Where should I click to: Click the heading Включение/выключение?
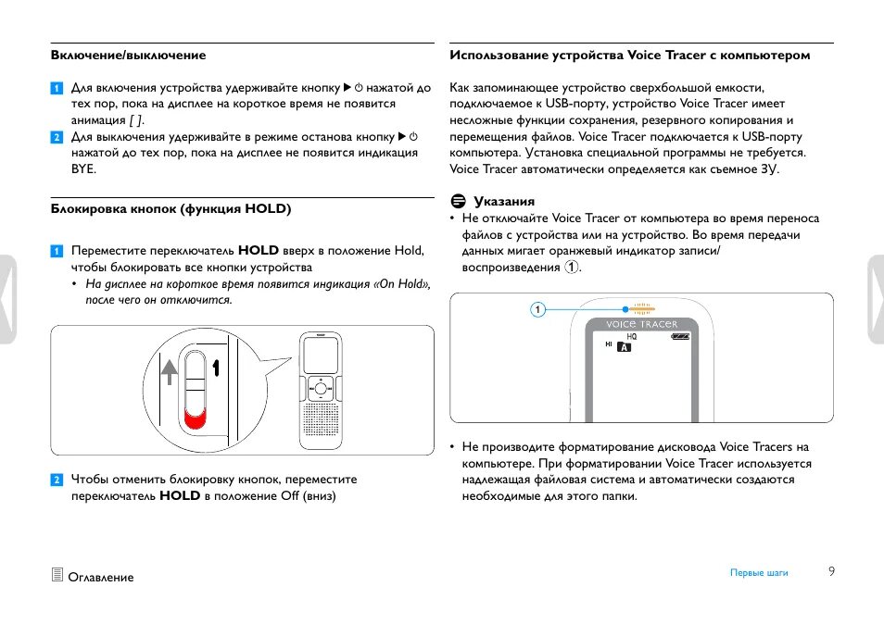[x=129, y=56]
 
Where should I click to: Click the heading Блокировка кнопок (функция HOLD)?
[x=171, y=209]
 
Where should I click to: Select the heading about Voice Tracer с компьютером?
[x=629, y=56]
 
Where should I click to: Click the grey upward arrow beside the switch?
[x=170, y=372]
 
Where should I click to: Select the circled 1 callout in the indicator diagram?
[x=537, y=309]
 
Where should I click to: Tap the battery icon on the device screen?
[x=681, y=337]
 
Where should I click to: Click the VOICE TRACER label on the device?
[x=641, y=325]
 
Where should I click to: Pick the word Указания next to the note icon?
[x=504, y=201]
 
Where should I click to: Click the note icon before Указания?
[x=457, y=201]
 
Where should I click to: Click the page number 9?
[x=831, y=571]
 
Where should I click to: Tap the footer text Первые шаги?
[x=759, y=573]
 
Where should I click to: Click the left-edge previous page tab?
[x=7, y=300]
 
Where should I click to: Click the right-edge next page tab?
[x=876, y=300]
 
